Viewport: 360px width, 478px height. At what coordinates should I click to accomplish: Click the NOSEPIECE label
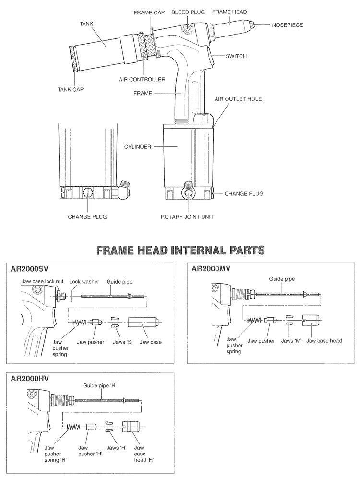(x=288, y=25)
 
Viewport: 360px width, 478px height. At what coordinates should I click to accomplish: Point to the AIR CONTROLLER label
(x=143, y=79)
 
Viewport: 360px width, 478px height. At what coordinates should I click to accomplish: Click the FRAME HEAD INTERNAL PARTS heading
(x=180, y=250)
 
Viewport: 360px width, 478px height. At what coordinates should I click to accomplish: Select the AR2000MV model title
(x=211, y=269)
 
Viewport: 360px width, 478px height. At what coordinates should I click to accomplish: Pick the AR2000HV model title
(x=30, y=378)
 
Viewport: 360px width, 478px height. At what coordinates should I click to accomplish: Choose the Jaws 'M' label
(x=290, y=341)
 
